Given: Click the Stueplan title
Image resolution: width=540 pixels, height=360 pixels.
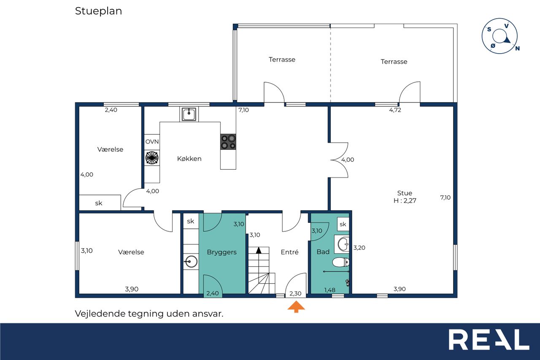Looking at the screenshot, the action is [x=98, y=11].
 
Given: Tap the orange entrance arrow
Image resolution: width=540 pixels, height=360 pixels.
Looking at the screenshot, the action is [x=296, y=306].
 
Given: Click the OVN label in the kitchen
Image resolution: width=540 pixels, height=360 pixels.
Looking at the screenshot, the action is [x=152, y=141].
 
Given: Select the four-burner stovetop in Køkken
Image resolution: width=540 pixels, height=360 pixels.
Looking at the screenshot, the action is [x=228, y=142].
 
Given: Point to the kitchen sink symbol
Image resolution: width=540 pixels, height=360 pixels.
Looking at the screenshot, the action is [x=189, y=114].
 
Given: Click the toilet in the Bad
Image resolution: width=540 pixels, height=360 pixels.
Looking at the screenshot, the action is [x=340, y=263].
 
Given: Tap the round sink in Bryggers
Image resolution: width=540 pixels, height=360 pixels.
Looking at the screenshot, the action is [x=191, y=261].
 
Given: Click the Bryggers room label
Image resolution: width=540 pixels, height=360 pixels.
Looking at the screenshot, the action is [x=221, y=252].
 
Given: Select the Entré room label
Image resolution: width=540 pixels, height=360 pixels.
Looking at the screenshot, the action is [x=289, y=252].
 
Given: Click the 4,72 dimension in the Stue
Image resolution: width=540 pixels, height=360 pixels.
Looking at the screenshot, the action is [x=395, y=110].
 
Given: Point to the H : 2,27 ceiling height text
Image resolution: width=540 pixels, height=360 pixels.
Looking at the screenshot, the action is [x=405, y=200].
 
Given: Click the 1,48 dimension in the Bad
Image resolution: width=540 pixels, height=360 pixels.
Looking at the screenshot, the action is [x=329, y=290].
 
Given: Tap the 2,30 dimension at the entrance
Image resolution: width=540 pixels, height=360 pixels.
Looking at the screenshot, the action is [x=295, y=293].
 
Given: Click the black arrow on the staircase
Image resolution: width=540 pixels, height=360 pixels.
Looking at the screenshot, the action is [x=259, y=250].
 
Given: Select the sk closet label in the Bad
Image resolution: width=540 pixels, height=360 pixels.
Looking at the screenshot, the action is [x=343, y=224].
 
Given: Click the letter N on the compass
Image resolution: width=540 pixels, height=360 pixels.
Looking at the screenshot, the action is [x=517, y=49].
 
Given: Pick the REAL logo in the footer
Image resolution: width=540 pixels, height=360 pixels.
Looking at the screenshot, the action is [x=489, y=339].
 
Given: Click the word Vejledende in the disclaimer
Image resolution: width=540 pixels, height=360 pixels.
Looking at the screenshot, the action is [x=100, y=314].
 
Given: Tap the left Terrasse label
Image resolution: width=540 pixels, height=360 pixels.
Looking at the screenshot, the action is [x=282, y=60].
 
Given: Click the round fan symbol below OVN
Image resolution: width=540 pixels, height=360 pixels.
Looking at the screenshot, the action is [x=152, y=158].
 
